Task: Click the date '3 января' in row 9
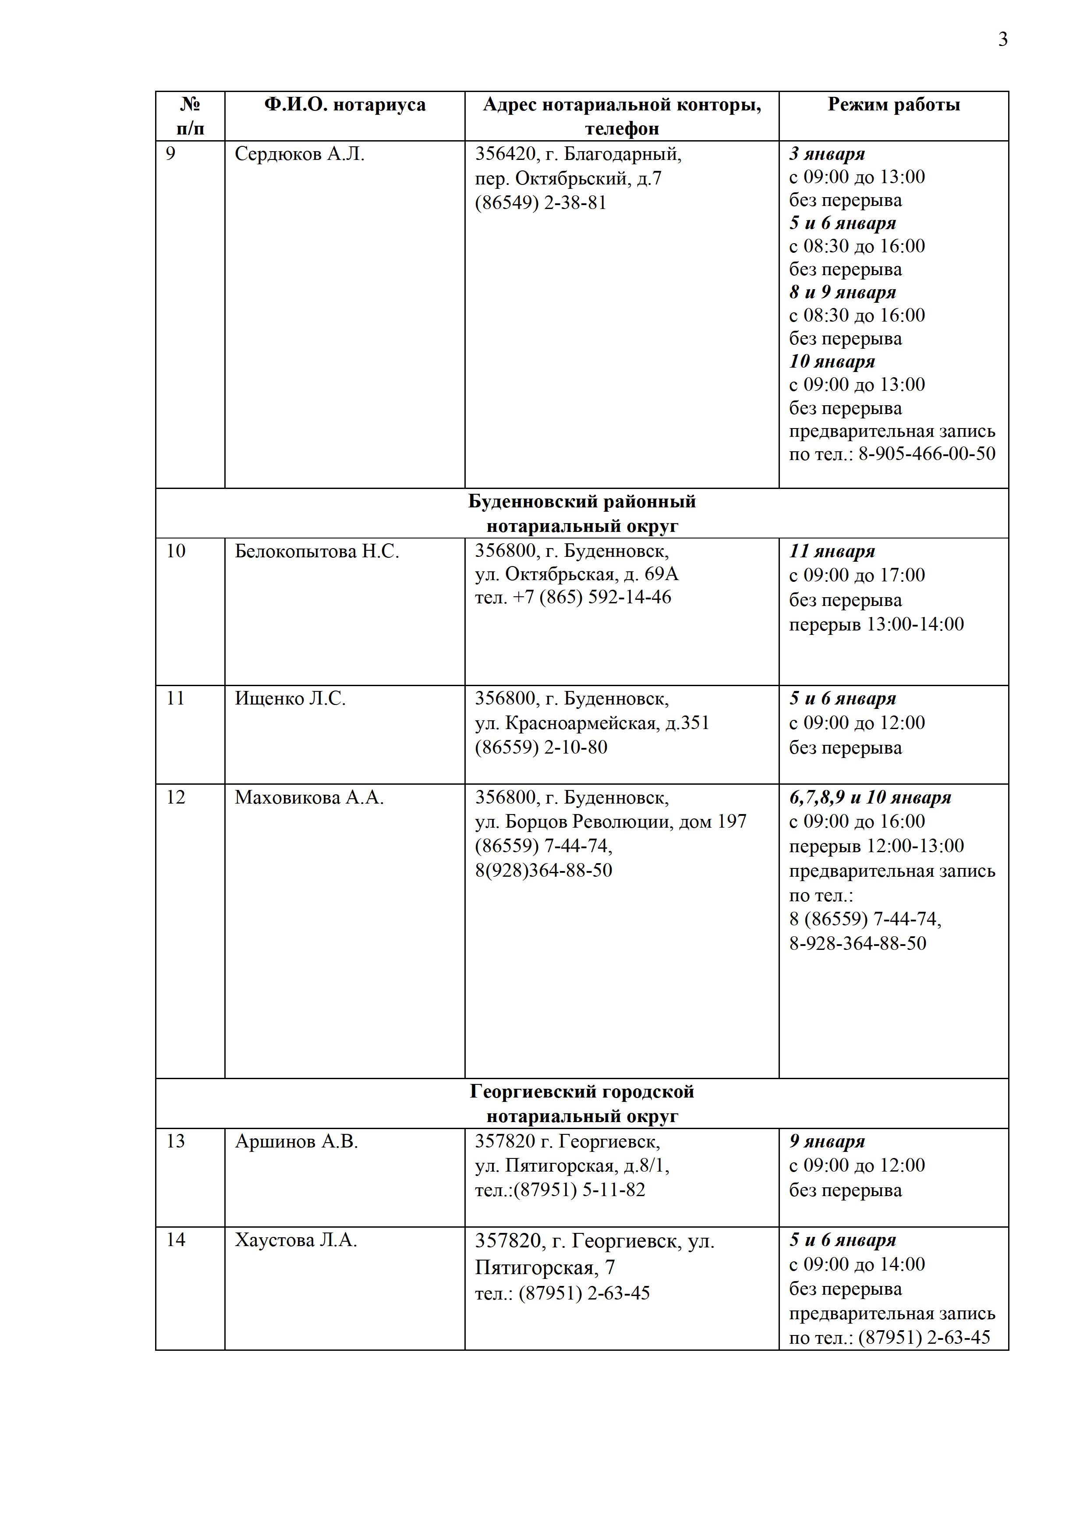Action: point(827,154)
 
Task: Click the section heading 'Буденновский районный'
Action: point(582,501)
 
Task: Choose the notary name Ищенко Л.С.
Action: point(290,699)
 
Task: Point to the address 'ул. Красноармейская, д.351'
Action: point(591,723)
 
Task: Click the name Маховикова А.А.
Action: point(309,798)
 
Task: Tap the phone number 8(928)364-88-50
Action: point(543,870)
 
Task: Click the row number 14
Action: point(175,1240)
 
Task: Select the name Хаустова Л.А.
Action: point(296,1240)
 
